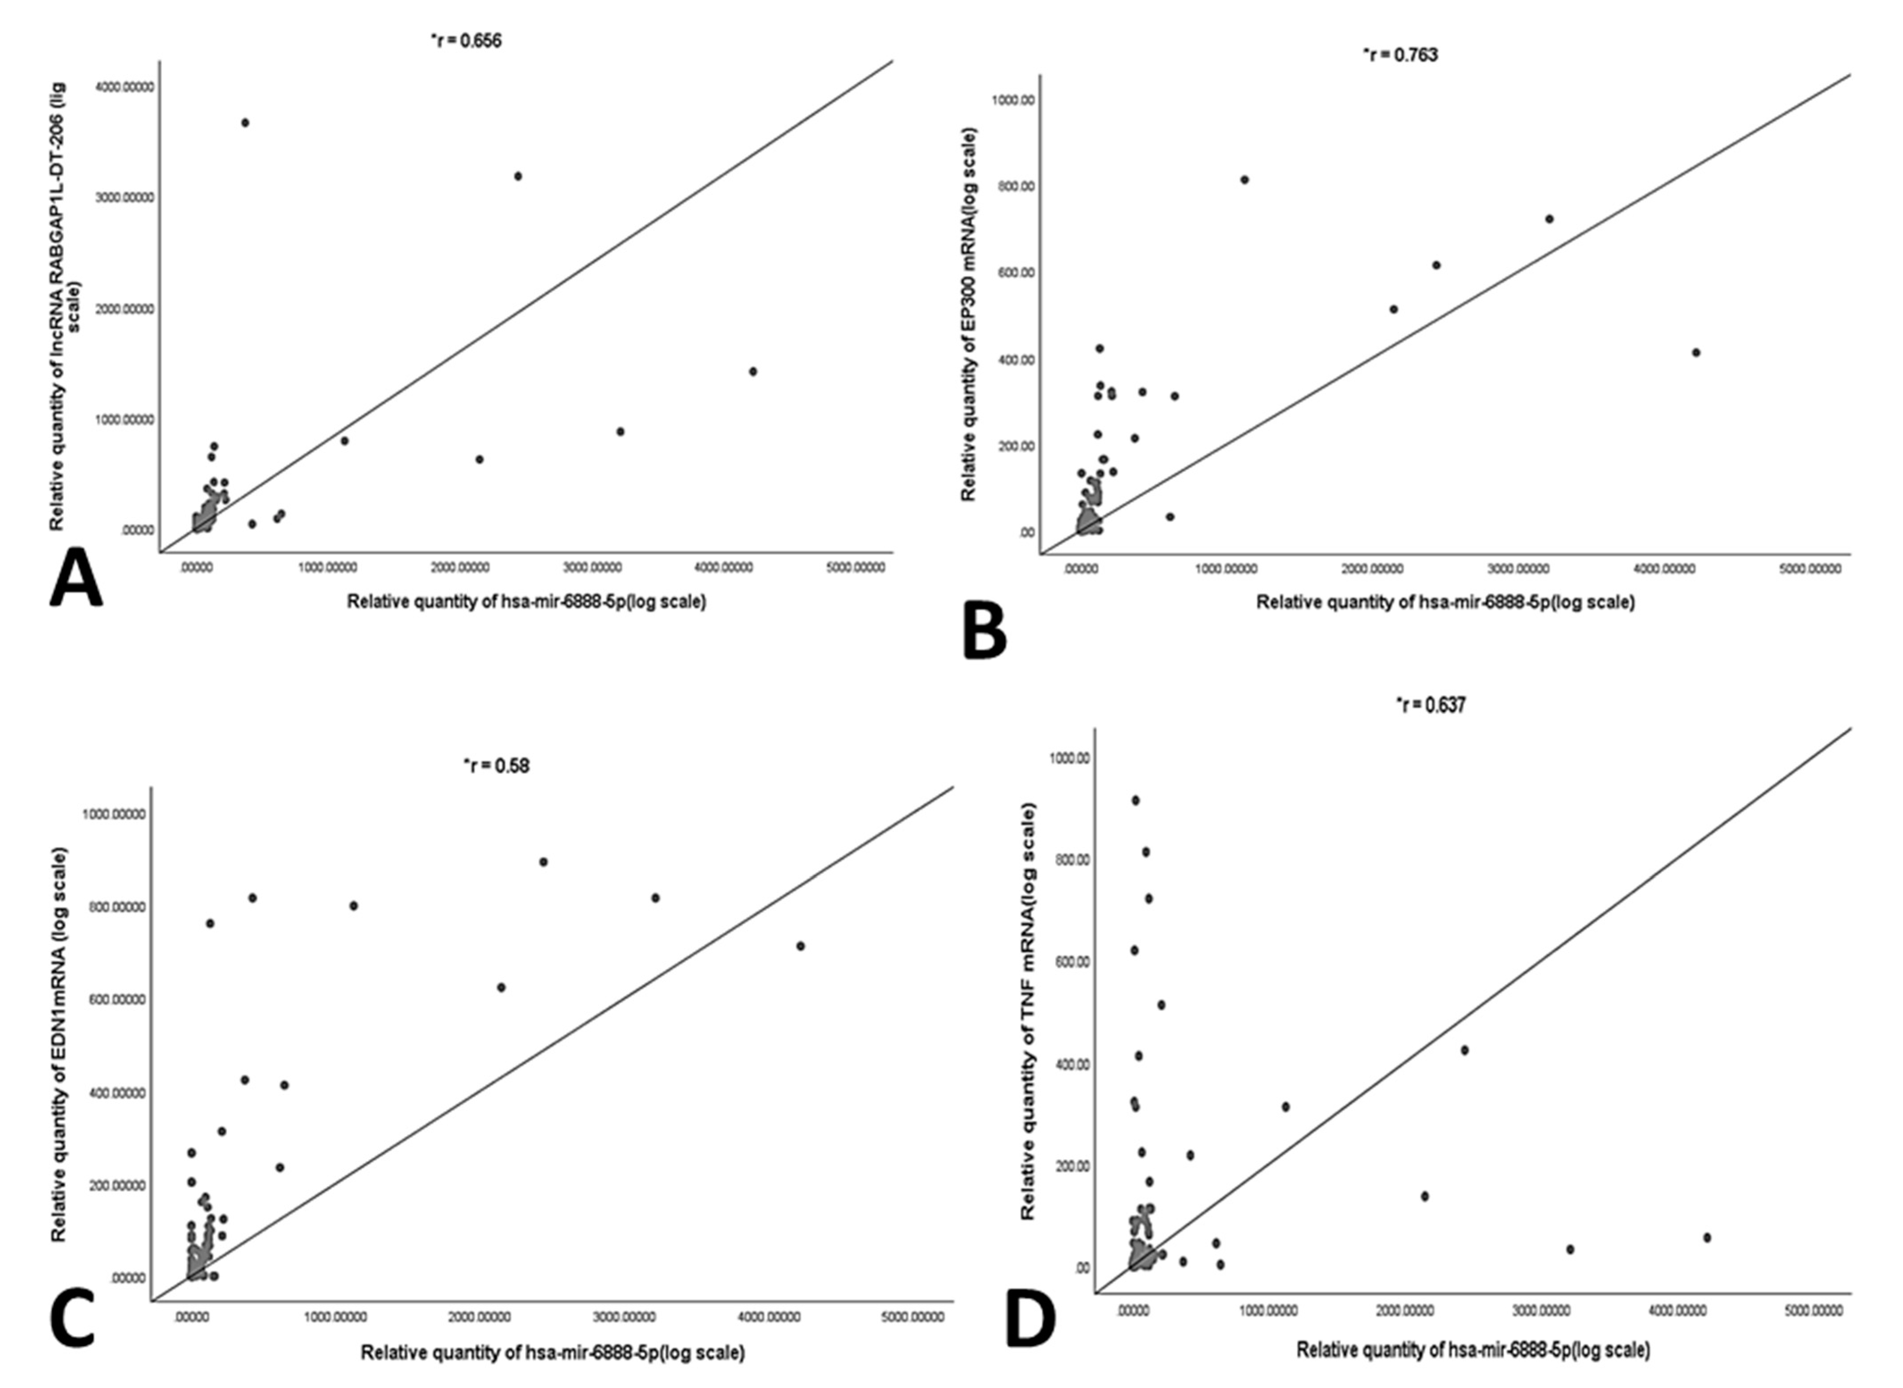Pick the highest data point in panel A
(244, 123)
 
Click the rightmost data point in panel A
(753, 371)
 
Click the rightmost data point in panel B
(1696, 353)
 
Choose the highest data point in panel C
(543, 862)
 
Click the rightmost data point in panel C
(800, 946)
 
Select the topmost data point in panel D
(1136, 801)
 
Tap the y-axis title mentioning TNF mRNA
(1027, 1011)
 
